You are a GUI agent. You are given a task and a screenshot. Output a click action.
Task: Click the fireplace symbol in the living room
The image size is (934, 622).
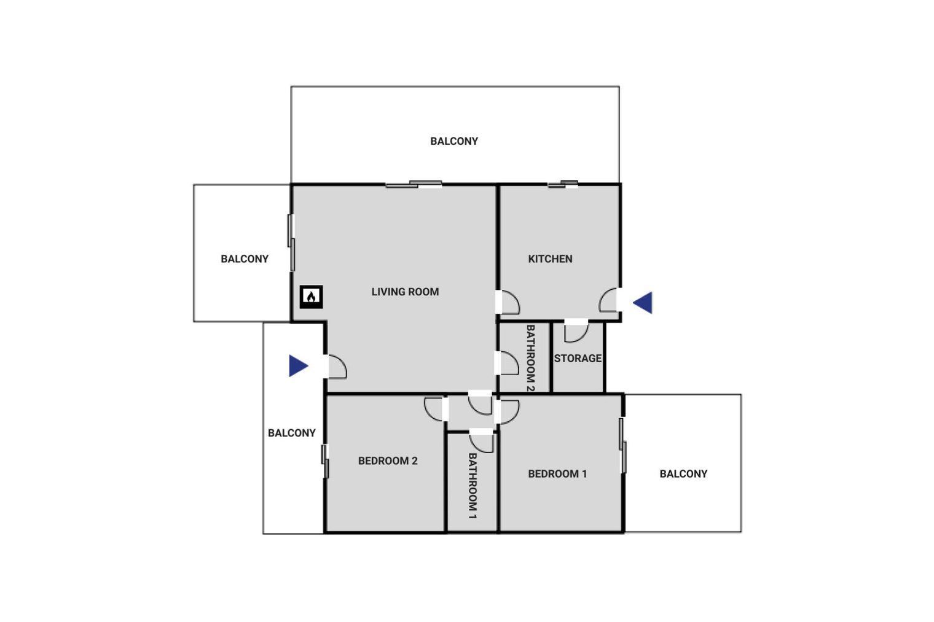(311, 297)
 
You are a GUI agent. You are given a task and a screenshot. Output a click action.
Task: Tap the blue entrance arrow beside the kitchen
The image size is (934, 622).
(643, 303)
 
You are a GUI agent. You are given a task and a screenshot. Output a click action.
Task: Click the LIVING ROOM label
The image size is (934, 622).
(405, 292)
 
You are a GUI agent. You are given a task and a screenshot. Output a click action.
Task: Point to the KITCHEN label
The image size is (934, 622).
(550, 259)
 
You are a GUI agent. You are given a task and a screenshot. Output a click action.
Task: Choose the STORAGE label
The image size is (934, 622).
(578, 359)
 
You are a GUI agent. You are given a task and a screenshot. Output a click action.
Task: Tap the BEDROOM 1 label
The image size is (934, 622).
(557, 473)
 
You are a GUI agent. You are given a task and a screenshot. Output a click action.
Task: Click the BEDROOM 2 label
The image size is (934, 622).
(388, 461)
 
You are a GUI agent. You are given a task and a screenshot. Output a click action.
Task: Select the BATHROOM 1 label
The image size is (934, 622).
(472, 485)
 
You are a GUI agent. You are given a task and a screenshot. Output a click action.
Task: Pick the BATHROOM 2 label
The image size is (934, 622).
(530, 359)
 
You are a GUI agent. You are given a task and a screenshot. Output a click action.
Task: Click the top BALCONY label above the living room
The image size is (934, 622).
(454, 141)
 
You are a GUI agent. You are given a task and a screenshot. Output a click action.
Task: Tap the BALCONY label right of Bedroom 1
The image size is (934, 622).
(683, 473)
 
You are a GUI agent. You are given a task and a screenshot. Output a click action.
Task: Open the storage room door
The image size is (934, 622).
(576, 332)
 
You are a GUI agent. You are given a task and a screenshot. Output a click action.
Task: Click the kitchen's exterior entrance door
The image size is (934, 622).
(608, 300)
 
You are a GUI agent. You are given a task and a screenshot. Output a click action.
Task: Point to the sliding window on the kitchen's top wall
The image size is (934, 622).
(563, 184)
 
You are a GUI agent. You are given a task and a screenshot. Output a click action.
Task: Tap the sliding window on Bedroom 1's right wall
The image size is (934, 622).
(622, 445)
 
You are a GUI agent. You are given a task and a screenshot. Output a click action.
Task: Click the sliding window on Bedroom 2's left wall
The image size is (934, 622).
(325, 461)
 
